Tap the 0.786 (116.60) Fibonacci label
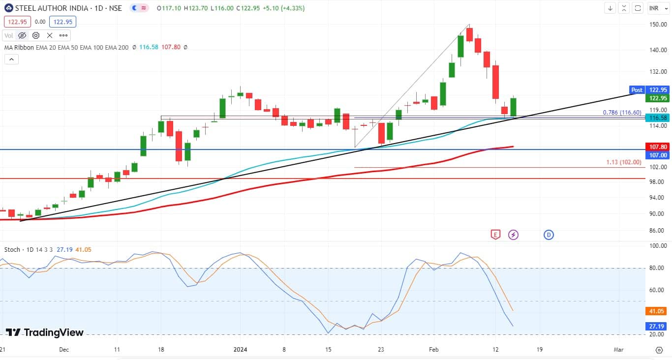(622, 113)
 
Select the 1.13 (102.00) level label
(623, 162)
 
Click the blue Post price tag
(637, 90)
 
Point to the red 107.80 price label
(658, 147)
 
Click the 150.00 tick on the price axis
(658, 25)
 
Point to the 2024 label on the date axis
(240, 349)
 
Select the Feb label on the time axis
(434, 349)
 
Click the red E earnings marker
(495, 235)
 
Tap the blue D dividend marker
(549, 235)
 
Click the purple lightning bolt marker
(513, 235)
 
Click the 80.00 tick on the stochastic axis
(658, 268)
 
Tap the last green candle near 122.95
(513, 107)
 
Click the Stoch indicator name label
(12, 249)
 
